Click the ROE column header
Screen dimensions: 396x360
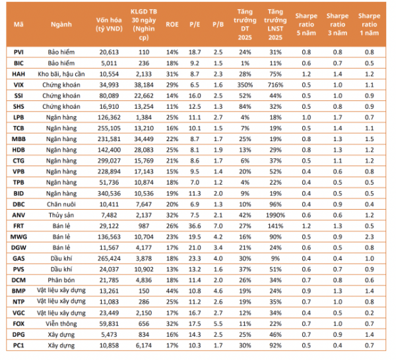click(172, 24)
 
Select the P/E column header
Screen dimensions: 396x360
click(195, 24)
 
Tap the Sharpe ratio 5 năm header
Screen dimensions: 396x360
click(306, 24)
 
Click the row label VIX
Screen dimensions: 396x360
click(18, 85)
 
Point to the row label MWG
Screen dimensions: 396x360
click(18, 237)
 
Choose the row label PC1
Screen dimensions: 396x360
click(18, 345)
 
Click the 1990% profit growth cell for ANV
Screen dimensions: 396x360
click(275, 215)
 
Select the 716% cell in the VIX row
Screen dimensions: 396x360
click(275, 85)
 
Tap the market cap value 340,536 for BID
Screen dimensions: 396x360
click(109, 193)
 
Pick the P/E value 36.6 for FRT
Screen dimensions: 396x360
click(195, 226)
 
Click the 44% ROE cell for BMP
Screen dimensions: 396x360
click(172, 291)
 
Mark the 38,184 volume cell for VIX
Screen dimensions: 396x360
click(144, 85)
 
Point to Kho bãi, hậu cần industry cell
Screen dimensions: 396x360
click(61, 74)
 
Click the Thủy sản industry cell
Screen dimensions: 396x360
click(61, 215)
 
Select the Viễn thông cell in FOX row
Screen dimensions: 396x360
click(61, 324)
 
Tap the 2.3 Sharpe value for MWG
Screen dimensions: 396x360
click(369, 237)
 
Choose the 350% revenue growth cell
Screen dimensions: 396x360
click(245, 85)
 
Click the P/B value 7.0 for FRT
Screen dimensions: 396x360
click(218, 226)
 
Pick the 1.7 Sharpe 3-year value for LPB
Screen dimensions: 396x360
click(337, 117)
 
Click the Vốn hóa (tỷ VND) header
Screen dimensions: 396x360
click(109, 24)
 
